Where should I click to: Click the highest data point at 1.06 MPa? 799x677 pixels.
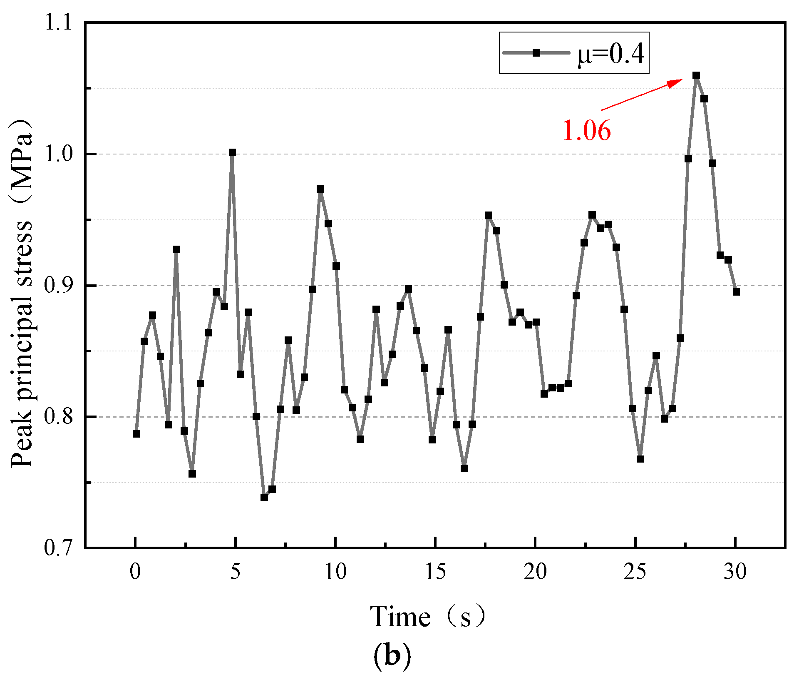pyautogui.click(x=696, y=75)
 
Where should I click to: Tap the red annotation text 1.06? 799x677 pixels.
pyautogui.click(x=586, y=130)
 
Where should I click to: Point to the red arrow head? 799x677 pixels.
pyautogui.click(x=676, y=82)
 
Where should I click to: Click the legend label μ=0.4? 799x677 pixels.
pyautogui.click(x=611, y=54)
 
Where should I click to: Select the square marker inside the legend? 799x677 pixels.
pyautogui.click(x=536, y=53)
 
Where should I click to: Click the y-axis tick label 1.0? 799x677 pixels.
pyautogui.click(x=58, y=154)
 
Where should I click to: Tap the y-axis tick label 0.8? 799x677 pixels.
pyautogui.click(x=58, y=417)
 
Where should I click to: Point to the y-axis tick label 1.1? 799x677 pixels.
pyautogui.click(x=58, y=22)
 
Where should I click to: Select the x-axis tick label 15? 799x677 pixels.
pyautogui.click(x=435, y=572)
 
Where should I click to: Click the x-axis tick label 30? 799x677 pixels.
pyautogui.click(x=735, y=572)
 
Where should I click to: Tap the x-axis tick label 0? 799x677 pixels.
pyautogui.click(x=135, y=572)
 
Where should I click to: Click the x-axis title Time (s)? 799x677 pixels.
pyautogui.click(x=428, y=617)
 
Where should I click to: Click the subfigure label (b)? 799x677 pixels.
pyautogui.click(x=392, y=655)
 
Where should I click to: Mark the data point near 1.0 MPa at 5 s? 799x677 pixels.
pyautogui.click(x=232, y=152)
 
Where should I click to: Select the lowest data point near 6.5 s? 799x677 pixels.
pyautogui.click(x=264, y=498)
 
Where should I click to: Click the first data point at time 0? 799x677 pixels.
pyautogui.click(x=136, y=434)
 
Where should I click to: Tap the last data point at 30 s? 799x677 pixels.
pyautogui.click(x=736, y=292)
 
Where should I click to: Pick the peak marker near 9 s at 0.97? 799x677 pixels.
pyautogui.click(x=320, y=189)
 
